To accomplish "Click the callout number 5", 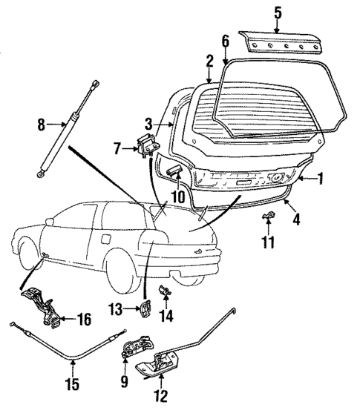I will coord(277,12).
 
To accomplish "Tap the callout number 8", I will coord(42,126).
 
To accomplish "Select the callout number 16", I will coord(83,320).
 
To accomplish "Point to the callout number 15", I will coord(72,384).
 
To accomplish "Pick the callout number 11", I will coord(268,241).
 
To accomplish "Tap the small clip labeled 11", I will coord(269,218).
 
